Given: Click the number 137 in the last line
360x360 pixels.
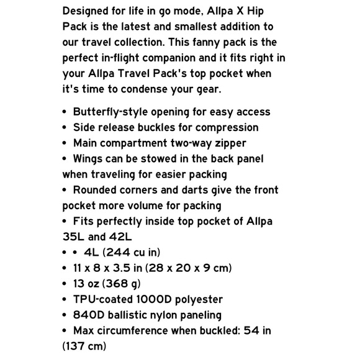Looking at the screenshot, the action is pos(76,346).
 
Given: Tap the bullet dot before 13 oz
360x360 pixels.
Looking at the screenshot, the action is pos(65,284).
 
